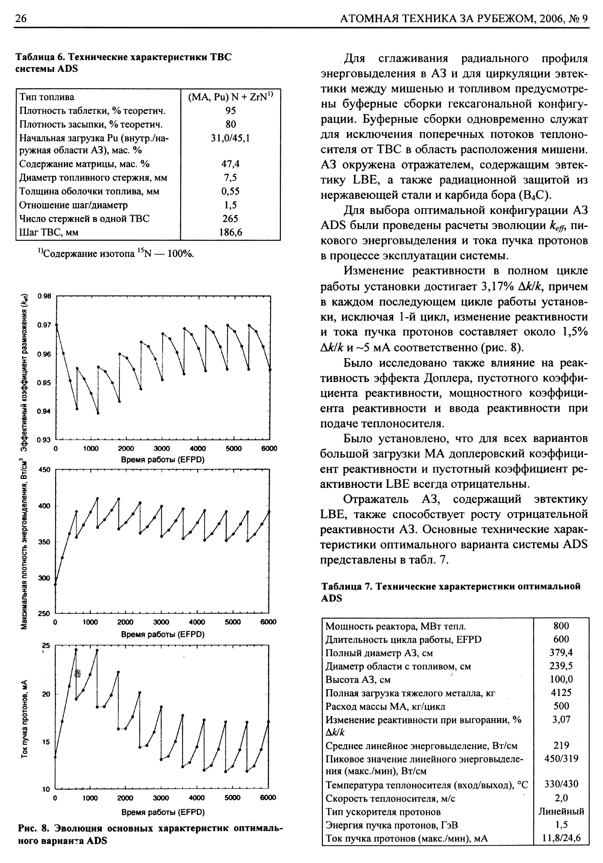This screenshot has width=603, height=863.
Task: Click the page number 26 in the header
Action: [x=21, y=18]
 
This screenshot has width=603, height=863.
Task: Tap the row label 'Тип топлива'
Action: [x=47, y=97]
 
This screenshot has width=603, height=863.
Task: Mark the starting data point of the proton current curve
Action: [x=55, y=757]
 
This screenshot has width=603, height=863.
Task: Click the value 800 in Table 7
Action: [x=561, y=626]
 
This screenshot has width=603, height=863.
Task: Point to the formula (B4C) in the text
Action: [x=535, y=195]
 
